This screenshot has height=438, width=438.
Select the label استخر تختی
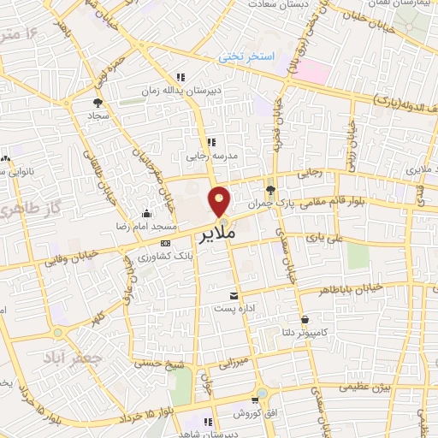point(246,56)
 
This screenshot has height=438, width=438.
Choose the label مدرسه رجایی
point(209,157)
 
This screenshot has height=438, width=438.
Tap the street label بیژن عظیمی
point(368,387)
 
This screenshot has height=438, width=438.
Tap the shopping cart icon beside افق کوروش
point(257,399)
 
